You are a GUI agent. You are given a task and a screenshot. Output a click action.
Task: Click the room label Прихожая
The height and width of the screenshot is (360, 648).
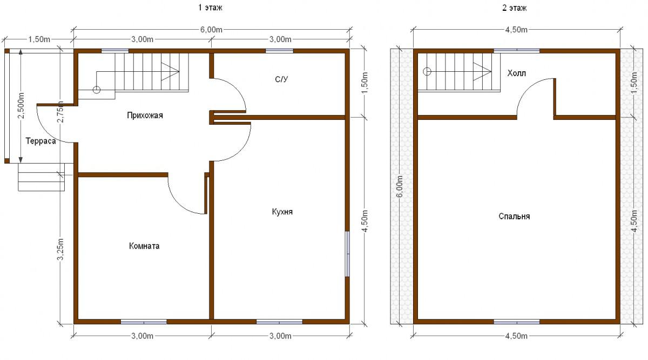click(x=145, y=116)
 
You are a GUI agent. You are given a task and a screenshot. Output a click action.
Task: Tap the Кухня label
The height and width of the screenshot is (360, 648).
click(x=282, y=212)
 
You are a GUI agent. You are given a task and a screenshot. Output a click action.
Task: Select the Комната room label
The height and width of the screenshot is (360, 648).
click(x=144, y=246)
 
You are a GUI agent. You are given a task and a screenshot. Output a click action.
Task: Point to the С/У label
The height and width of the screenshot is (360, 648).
click(x=281, y=79)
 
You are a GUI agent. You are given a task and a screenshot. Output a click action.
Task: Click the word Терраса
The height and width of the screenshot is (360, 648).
click(x=40, y=141)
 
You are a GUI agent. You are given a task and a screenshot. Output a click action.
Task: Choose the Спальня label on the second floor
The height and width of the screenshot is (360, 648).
click(x=514, y=216)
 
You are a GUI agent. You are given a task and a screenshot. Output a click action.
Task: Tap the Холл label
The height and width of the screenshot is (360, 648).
click(x=516, y=73)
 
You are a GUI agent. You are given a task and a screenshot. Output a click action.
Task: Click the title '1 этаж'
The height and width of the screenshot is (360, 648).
click(x=210, y=8)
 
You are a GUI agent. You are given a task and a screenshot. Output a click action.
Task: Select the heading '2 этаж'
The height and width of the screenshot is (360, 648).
click(x=514, y=8)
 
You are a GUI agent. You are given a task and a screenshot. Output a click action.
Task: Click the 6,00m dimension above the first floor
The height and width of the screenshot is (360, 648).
click(x=211, y=30)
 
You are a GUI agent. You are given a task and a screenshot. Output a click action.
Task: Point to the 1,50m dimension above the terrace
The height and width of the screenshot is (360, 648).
click(x=39, y=39)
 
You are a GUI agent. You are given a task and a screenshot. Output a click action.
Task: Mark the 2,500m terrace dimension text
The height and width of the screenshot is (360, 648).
click(x=21, y=105)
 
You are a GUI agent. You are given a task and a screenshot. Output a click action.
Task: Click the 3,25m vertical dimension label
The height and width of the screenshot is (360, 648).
click(x=60, y=249)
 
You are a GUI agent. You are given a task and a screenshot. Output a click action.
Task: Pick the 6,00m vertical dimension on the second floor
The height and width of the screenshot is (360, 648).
click(x=399, y=186)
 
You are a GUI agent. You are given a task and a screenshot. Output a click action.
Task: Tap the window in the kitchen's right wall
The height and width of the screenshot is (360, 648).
click(x=347, y=254)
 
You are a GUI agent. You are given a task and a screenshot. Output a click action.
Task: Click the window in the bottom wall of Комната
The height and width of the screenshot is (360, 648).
click(x=144, y=322)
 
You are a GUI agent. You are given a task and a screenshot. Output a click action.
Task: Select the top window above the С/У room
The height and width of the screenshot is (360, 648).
click(x=279, y=51)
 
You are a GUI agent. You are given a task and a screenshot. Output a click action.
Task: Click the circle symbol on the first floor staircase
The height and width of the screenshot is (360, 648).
click(x=96, y=90)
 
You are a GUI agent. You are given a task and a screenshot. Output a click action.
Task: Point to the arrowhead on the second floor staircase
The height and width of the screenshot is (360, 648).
click(x=482, y=71)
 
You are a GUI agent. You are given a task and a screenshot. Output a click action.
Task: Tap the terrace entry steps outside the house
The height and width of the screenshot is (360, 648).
click(x=42, y=177)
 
